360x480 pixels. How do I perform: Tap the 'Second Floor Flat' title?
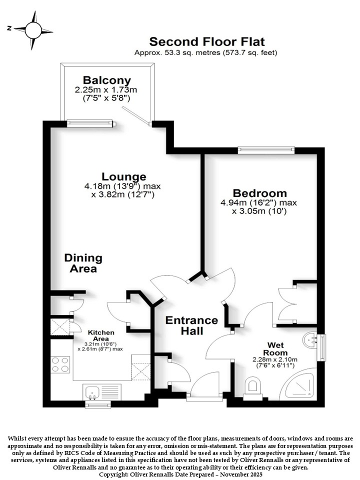click(207, 41)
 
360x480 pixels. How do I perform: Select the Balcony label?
click(107, 80)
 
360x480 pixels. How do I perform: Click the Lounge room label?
click(123, 176)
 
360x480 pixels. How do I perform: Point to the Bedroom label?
click(259, 193)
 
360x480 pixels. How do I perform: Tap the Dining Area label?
click(83, 263)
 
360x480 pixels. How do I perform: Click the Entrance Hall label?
click(191, 325)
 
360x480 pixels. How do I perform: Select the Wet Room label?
click(275, 349)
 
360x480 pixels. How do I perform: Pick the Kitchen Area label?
click(101, 335)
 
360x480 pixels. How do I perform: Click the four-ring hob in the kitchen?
click(60, 364)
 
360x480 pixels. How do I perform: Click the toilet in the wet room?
click(253, 388)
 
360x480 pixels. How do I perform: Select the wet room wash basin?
click(310, 340)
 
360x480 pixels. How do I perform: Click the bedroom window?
click(266, 150)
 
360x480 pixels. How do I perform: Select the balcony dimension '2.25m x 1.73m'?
click(106, 90)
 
